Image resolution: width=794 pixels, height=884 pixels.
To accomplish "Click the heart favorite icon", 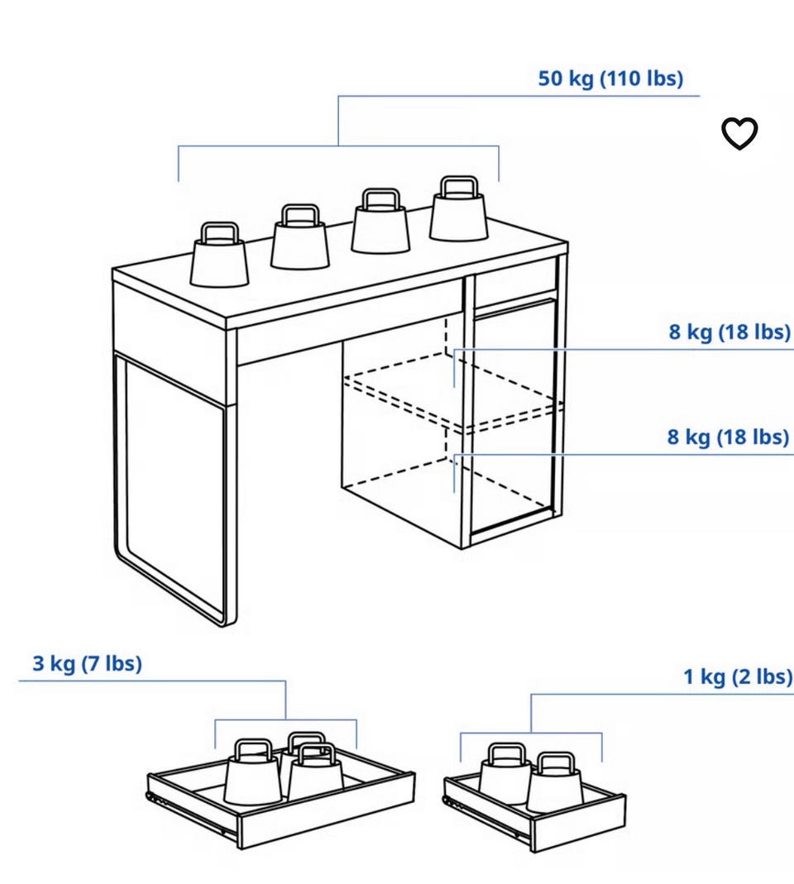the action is click(x=739, y=134).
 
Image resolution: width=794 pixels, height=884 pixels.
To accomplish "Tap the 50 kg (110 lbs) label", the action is click(x=610, y=79).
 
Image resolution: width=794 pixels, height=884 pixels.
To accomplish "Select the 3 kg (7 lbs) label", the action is click(x=88, y=663).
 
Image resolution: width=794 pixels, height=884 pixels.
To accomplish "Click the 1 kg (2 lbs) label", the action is click(x=738, y=676).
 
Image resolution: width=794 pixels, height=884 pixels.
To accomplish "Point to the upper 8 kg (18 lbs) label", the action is click(x=729, y=332).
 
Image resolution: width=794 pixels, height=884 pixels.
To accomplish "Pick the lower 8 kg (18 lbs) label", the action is click(x=729, y=437).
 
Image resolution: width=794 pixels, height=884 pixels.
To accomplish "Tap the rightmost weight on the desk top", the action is click(x=458, y=209).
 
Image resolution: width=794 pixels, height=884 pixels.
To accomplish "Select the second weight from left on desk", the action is click(x=300, y=237).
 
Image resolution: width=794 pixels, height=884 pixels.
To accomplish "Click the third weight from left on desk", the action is click(x=380, y=221).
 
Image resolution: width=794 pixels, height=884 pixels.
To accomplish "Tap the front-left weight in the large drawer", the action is click(x=252, y=772).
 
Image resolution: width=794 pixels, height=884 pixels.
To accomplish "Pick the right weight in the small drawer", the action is click(x=555, y=782).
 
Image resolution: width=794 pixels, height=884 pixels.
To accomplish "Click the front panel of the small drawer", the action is click(x=579, y=822).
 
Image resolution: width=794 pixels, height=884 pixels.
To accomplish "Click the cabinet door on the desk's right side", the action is click(x=513, y=418).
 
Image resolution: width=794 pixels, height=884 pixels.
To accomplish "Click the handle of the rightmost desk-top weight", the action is click(x=458, y=186).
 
